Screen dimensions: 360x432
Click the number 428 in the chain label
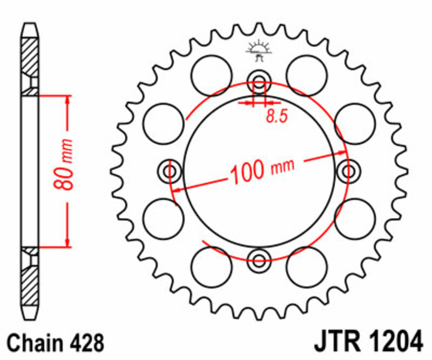coord(83,343)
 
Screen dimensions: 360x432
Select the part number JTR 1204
coord(368,343)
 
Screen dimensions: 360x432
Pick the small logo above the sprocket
coord(259,50)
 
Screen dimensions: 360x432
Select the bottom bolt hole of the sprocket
coord(259,256)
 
